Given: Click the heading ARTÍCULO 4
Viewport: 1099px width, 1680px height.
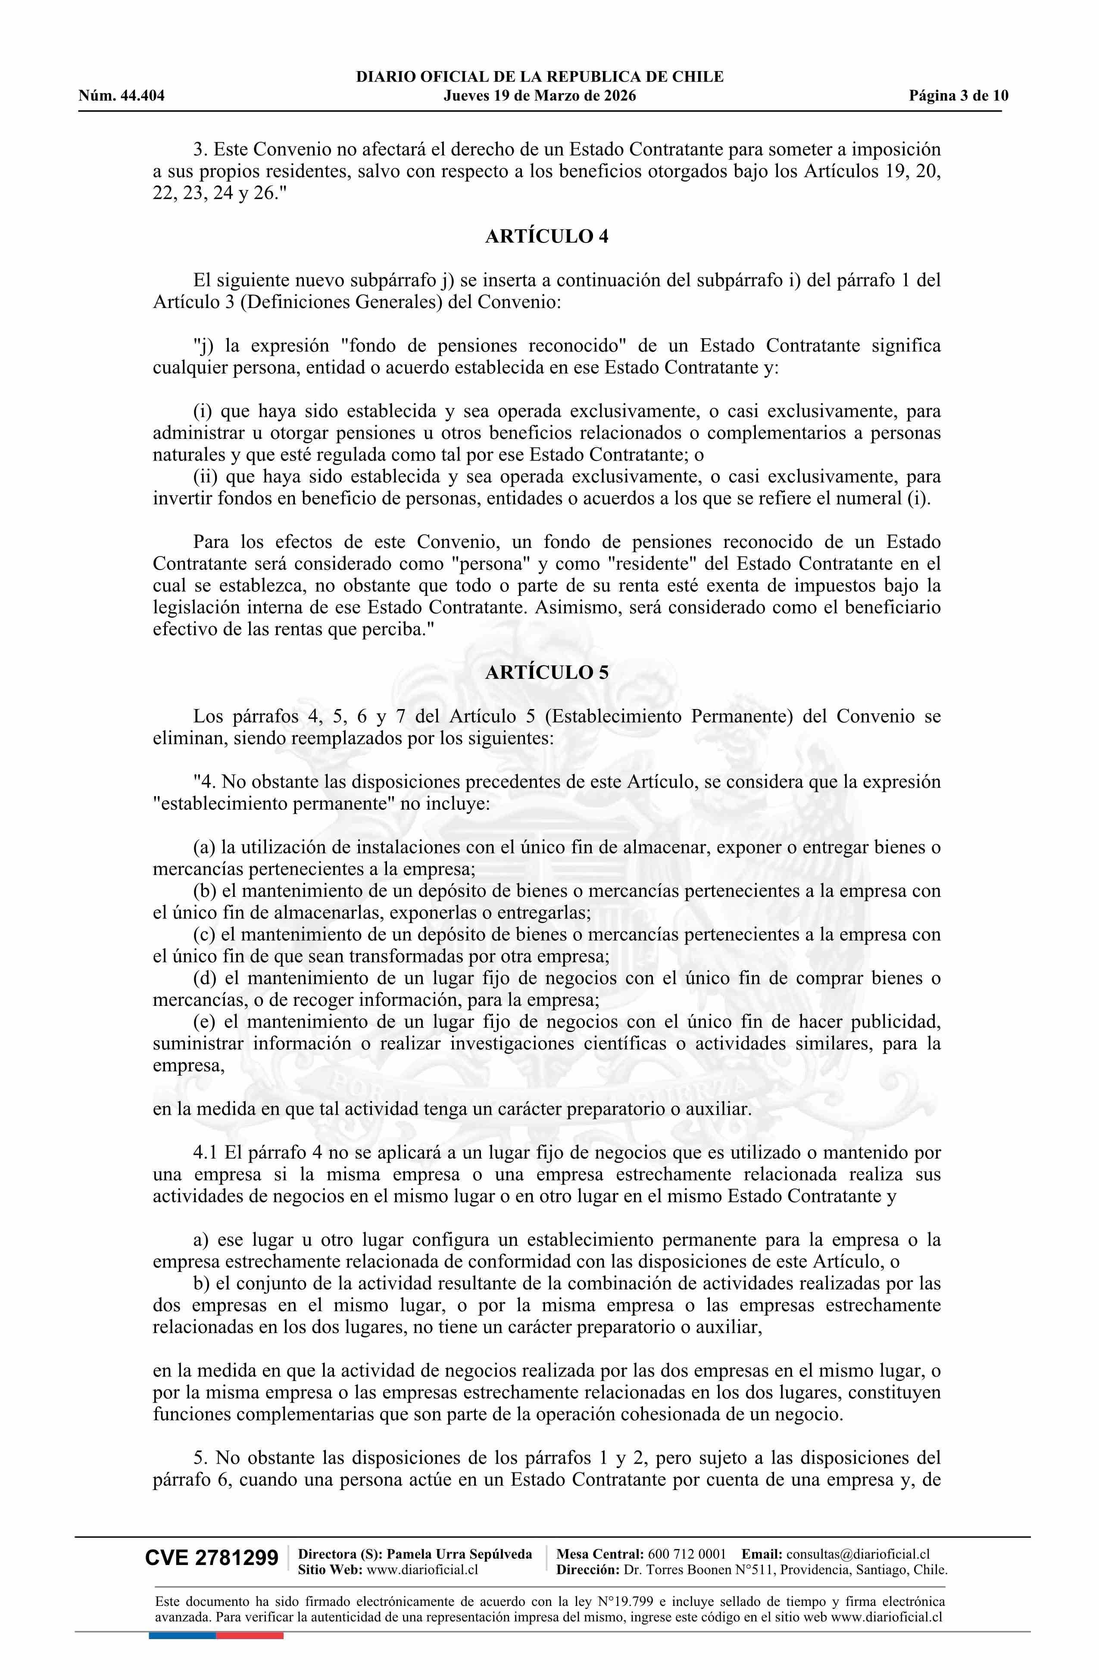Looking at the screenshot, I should (546, 236).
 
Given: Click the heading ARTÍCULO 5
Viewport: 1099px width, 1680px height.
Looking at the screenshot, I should (546, 673).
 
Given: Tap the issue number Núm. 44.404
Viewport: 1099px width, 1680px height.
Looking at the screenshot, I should (122, 96).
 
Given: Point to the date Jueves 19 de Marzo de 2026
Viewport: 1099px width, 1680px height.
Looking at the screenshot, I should (540, 96).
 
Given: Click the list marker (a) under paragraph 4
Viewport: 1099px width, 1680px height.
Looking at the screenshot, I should (205, 847).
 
